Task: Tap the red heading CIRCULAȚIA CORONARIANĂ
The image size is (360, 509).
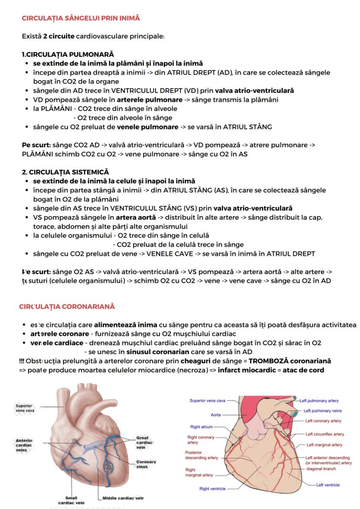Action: tap(67, 306)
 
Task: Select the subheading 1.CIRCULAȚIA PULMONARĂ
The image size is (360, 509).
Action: tap(67, 54)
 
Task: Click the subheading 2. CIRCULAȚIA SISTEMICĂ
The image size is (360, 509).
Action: tap(65, 173)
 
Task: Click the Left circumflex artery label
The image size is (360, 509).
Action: tap(324, 434)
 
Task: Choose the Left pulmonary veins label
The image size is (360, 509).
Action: tap(322, 410)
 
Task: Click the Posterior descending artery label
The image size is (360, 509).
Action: tap(201, 455)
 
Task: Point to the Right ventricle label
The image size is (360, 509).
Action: tap(212, 489)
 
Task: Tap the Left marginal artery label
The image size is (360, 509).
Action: tap(324, 445)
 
